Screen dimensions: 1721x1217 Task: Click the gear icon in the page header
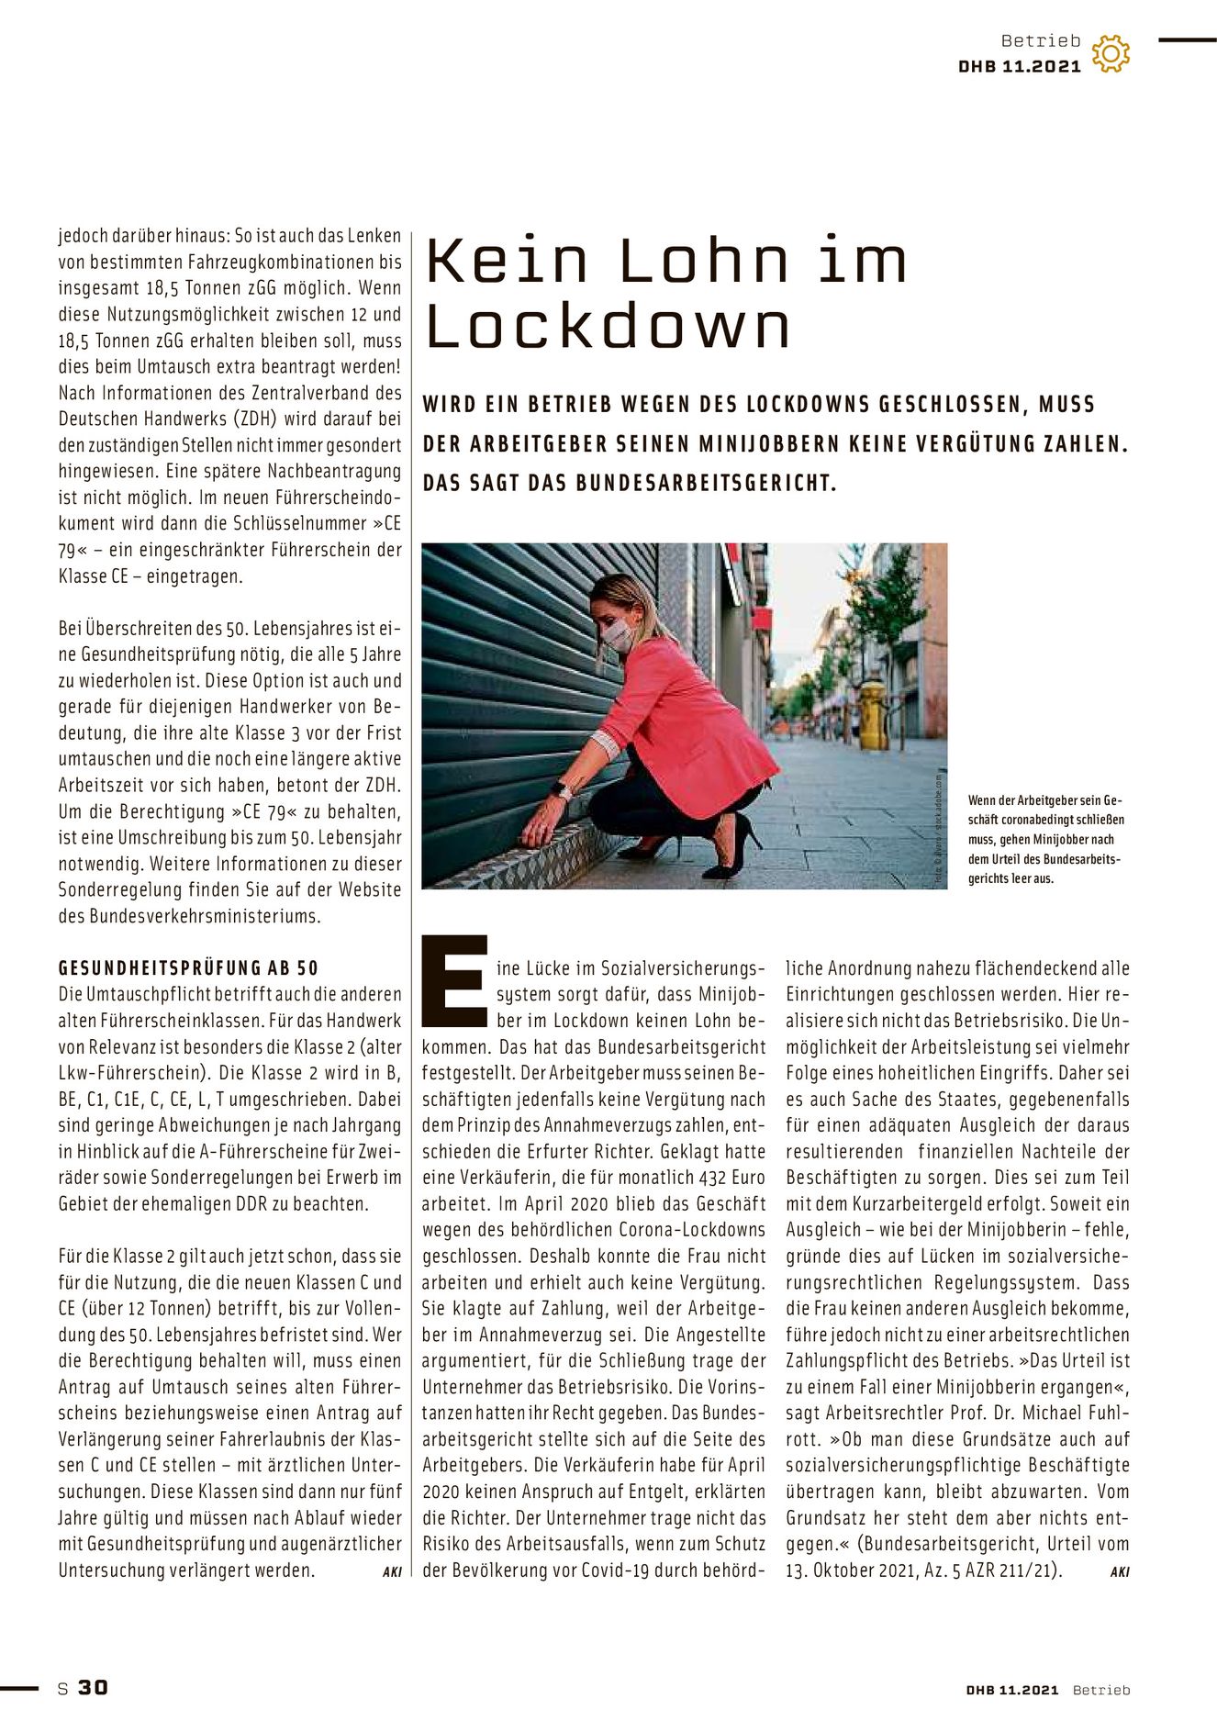1111,53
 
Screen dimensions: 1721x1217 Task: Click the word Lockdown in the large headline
608,326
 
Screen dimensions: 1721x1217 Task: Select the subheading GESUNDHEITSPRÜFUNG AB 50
188,967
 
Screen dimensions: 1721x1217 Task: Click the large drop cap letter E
454,980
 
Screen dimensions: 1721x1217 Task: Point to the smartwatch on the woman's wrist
560,789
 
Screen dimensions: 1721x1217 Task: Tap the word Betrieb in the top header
1041,40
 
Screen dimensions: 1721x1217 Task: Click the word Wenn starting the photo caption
982,799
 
